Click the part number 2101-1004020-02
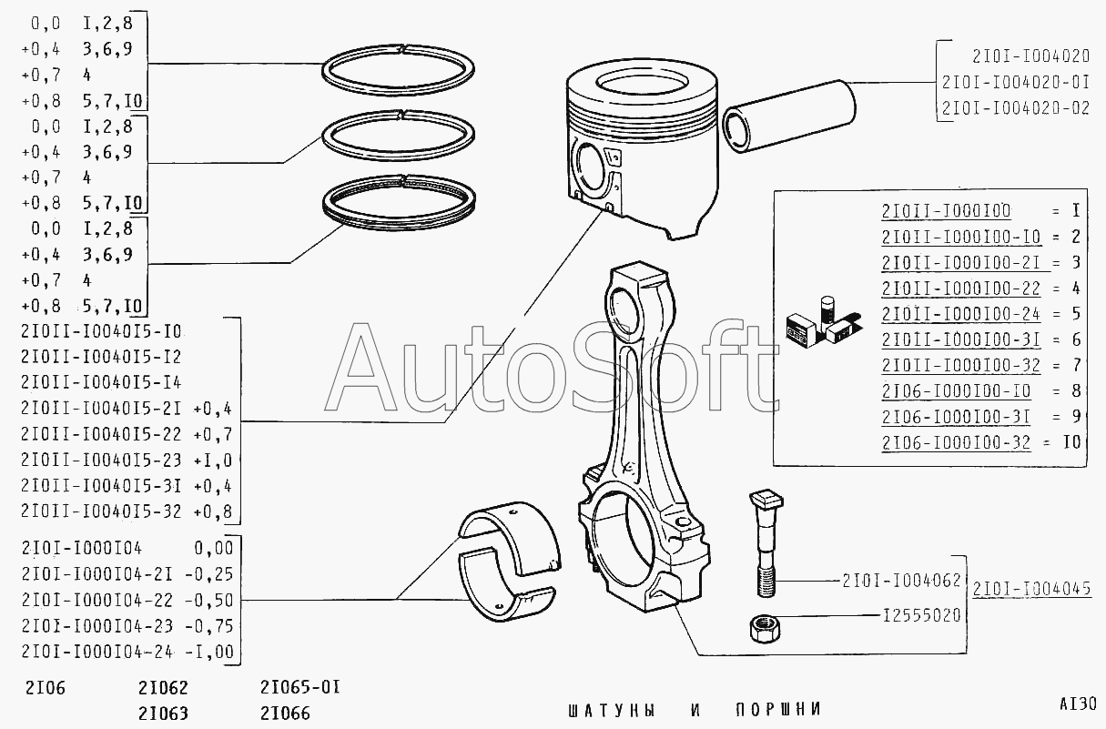(1015, 107)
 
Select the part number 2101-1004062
(901, 579)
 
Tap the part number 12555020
(921, 615)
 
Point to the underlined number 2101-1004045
(1031, 588)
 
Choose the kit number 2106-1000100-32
(956, 443)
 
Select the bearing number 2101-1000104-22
(100, 601)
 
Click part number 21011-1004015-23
(101, 461)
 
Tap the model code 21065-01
(299, 687)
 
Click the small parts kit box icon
(819, 323)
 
